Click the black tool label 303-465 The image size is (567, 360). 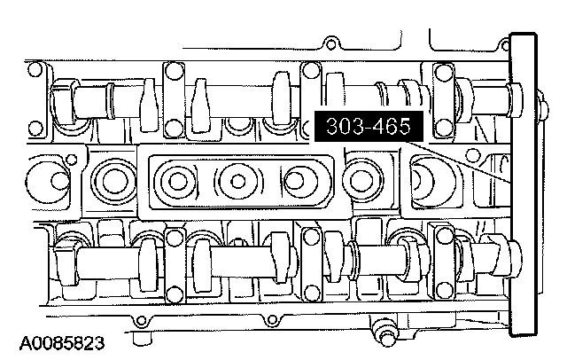pos(369,126)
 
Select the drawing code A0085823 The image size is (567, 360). pos(62,343)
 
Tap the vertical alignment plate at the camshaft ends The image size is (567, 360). pos(523,185)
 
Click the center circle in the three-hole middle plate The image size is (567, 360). pos(237,181)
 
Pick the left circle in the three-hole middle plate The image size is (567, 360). pos(177,181)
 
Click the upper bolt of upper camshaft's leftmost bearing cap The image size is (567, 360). pos(174,70)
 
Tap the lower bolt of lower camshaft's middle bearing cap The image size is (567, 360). pos(311,293)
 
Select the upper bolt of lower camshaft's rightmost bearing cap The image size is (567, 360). pos(444,236)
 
